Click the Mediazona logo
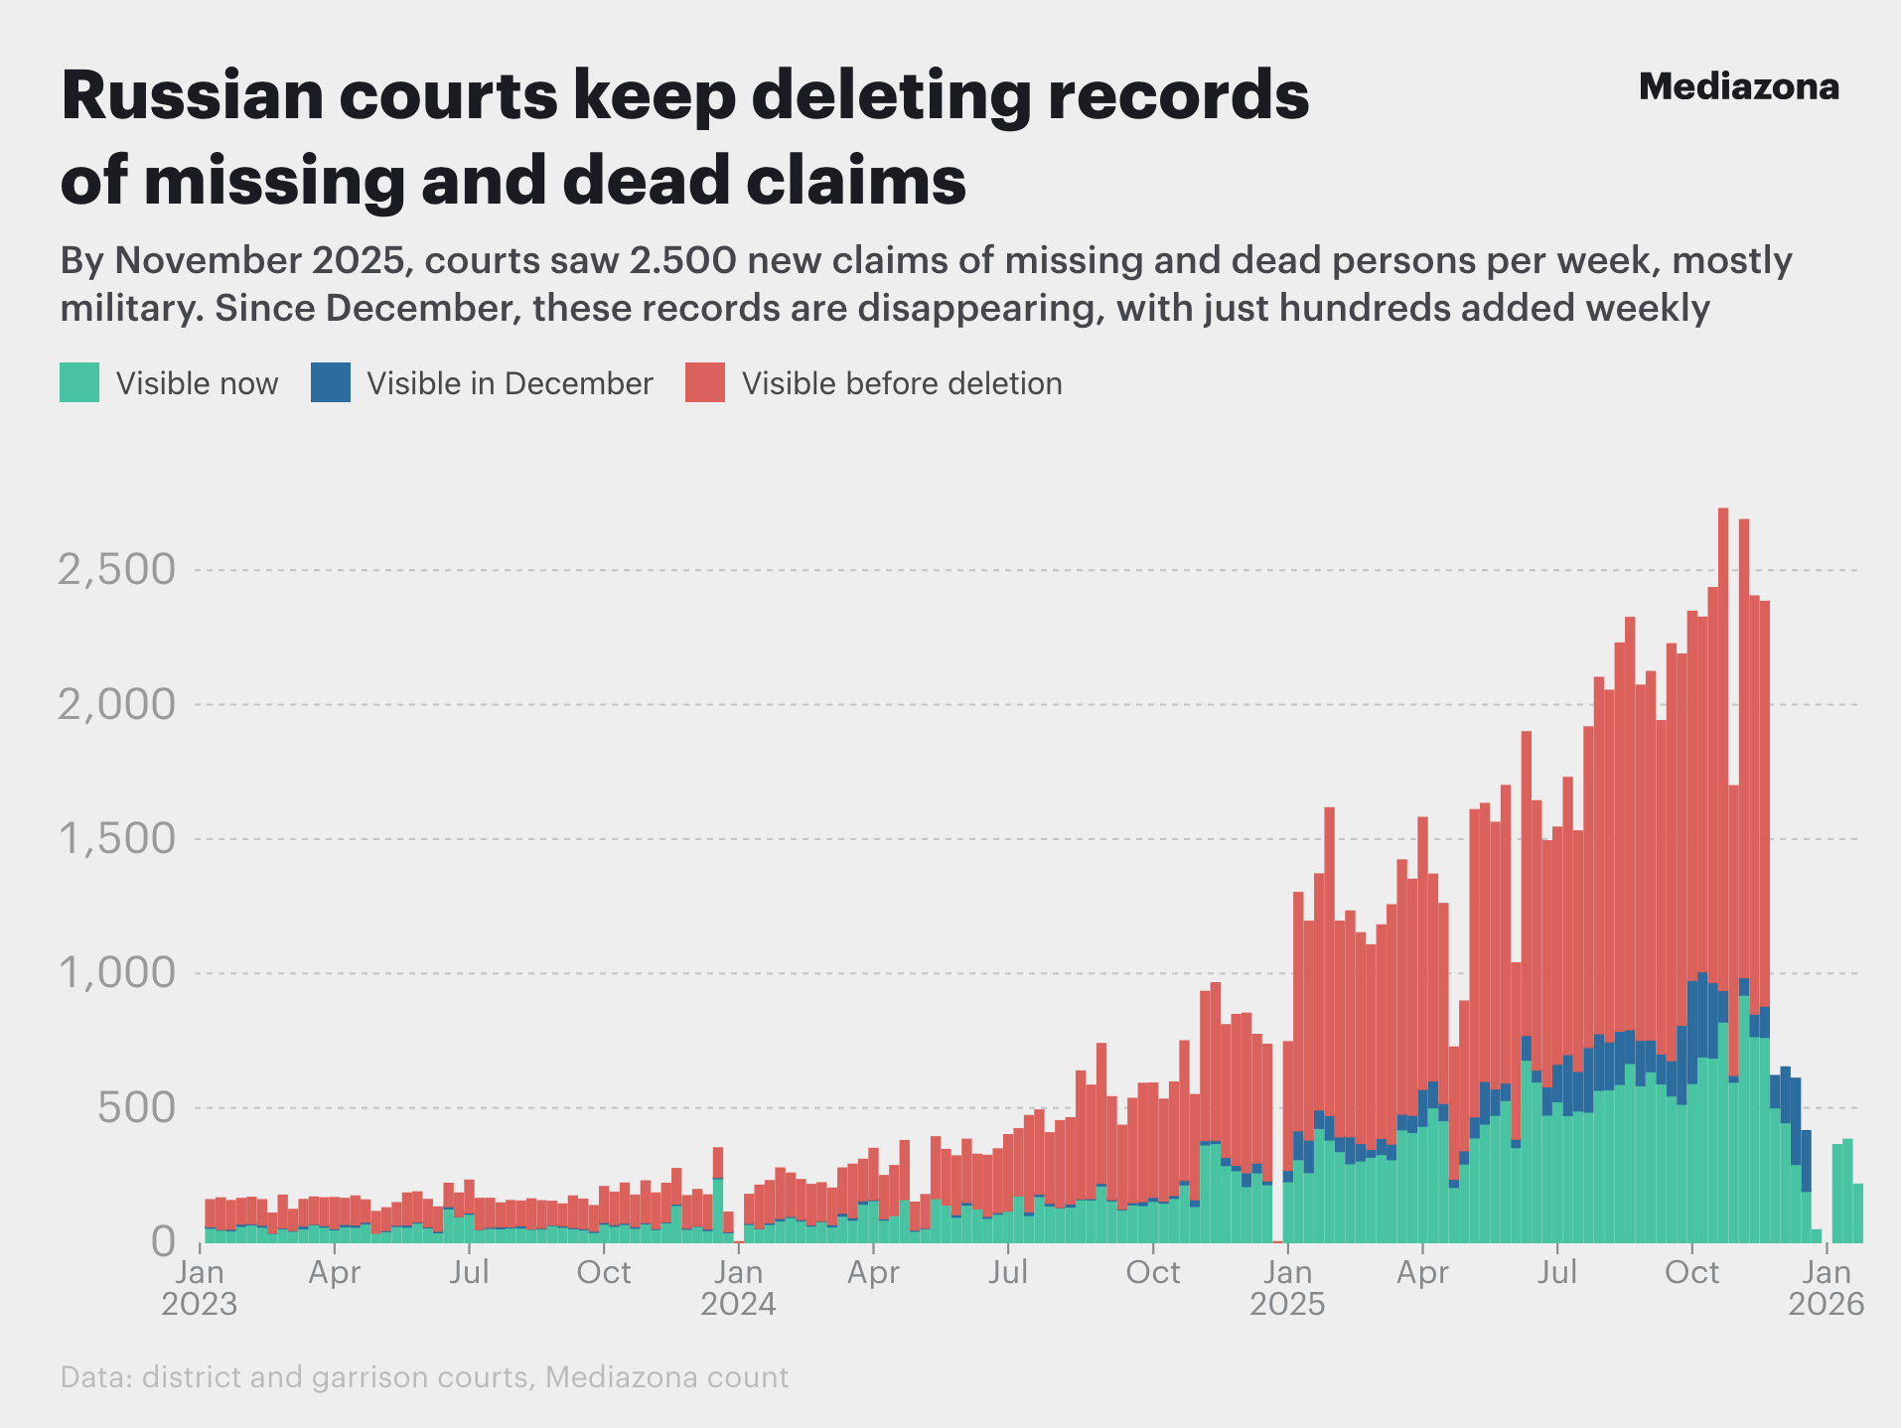1738,87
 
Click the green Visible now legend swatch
79,383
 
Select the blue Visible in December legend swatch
330,383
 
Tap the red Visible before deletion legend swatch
705,383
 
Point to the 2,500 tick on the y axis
116,570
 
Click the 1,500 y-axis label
116,839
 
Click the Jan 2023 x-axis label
200,1288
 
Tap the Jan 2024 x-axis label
738,1288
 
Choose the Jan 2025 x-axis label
1287,1288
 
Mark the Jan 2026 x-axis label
1827,1288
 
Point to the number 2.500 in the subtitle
682,260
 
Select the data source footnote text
424,1377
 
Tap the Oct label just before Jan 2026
1691,1272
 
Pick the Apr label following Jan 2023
335,1272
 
